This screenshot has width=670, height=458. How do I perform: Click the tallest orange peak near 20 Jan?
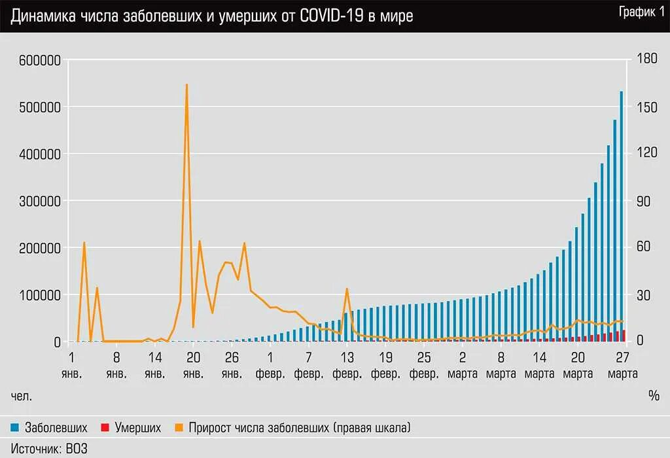coord(186,86)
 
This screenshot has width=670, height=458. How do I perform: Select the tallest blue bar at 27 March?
coord(622,216)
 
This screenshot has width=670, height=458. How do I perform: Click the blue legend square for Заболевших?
coord(15,428)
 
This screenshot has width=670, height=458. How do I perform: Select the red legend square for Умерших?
coord(105,428)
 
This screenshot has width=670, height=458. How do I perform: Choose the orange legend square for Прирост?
coord(179,428)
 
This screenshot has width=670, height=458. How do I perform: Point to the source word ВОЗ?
coord(77,449)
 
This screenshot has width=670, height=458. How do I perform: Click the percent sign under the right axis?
coord(654,396)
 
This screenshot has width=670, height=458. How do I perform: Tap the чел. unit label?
coord(22,396)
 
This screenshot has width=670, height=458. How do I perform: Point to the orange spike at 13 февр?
coord(347,289)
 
